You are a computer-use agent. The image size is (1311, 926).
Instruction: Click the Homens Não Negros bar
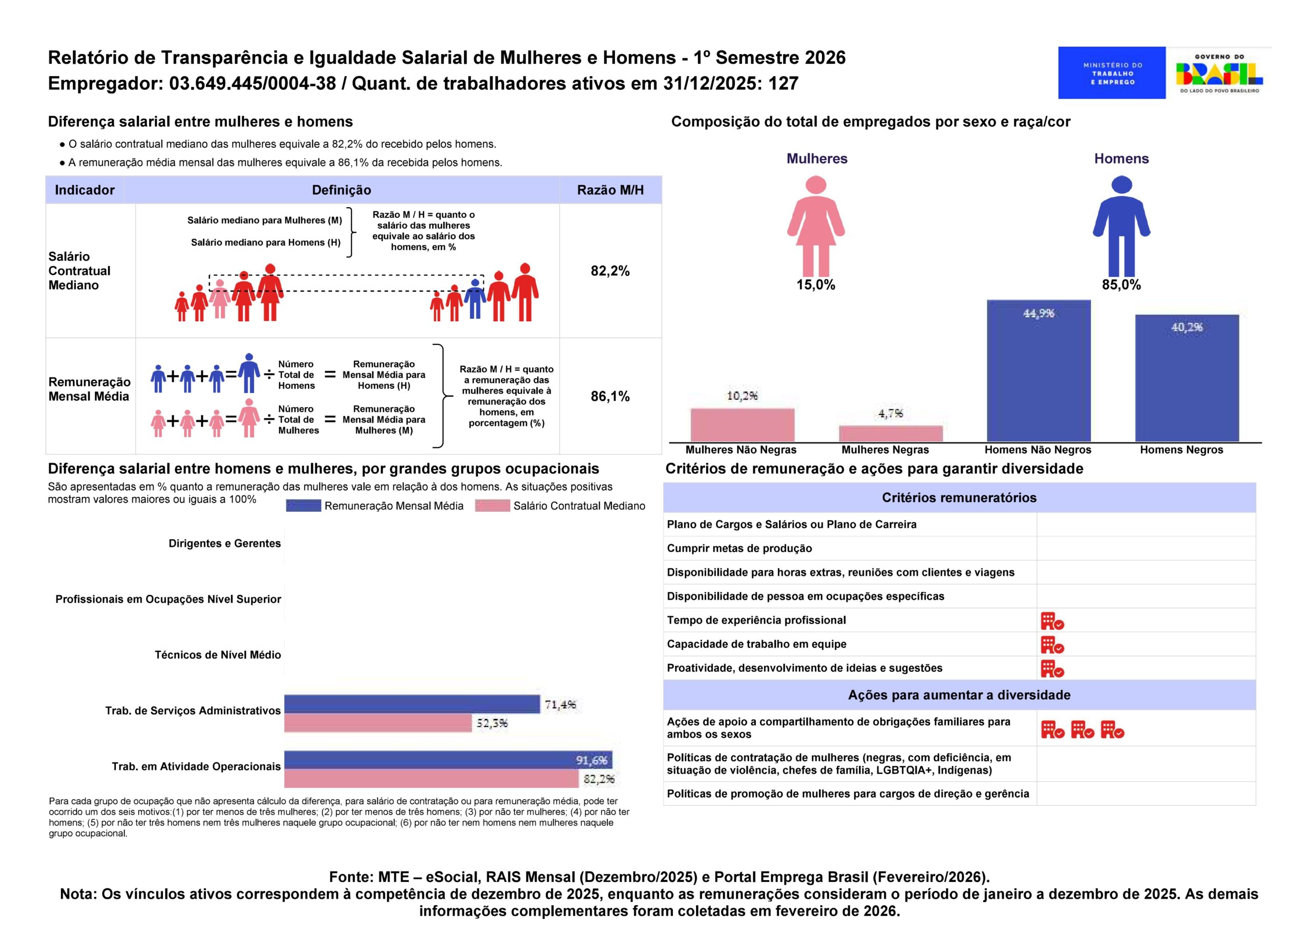1038,371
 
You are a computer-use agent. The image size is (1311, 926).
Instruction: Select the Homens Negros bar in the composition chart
1187,378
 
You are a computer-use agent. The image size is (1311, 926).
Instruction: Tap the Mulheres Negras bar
890,434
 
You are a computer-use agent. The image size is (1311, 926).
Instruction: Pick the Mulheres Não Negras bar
742,425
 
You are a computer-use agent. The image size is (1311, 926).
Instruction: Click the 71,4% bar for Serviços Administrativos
412,704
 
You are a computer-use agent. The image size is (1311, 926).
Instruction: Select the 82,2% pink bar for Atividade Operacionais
431,778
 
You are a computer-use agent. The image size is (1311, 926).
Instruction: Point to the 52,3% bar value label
492,723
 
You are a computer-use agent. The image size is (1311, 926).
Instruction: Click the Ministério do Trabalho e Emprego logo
1111,73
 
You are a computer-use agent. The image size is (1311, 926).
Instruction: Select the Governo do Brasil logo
1219,73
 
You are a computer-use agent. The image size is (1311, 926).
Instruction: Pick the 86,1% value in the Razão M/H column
610,396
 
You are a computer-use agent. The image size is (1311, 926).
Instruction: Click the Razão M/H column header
610,190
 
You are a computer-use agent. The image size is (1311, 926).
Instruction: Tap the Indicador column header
84,190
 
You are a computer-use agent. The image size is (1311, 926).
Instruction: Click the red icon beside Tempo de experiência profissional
1052,621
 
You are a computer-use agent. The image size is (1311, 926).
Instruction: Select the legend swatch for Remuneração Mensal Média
303,506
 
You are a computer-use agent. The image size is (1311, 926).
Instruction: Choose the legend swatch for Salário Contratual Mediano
492,506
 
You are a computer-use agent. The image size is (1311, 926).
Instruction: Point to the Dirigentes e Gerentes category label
224,544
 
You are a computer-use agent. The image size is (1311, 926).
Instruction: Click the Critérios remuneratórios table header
959,497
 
